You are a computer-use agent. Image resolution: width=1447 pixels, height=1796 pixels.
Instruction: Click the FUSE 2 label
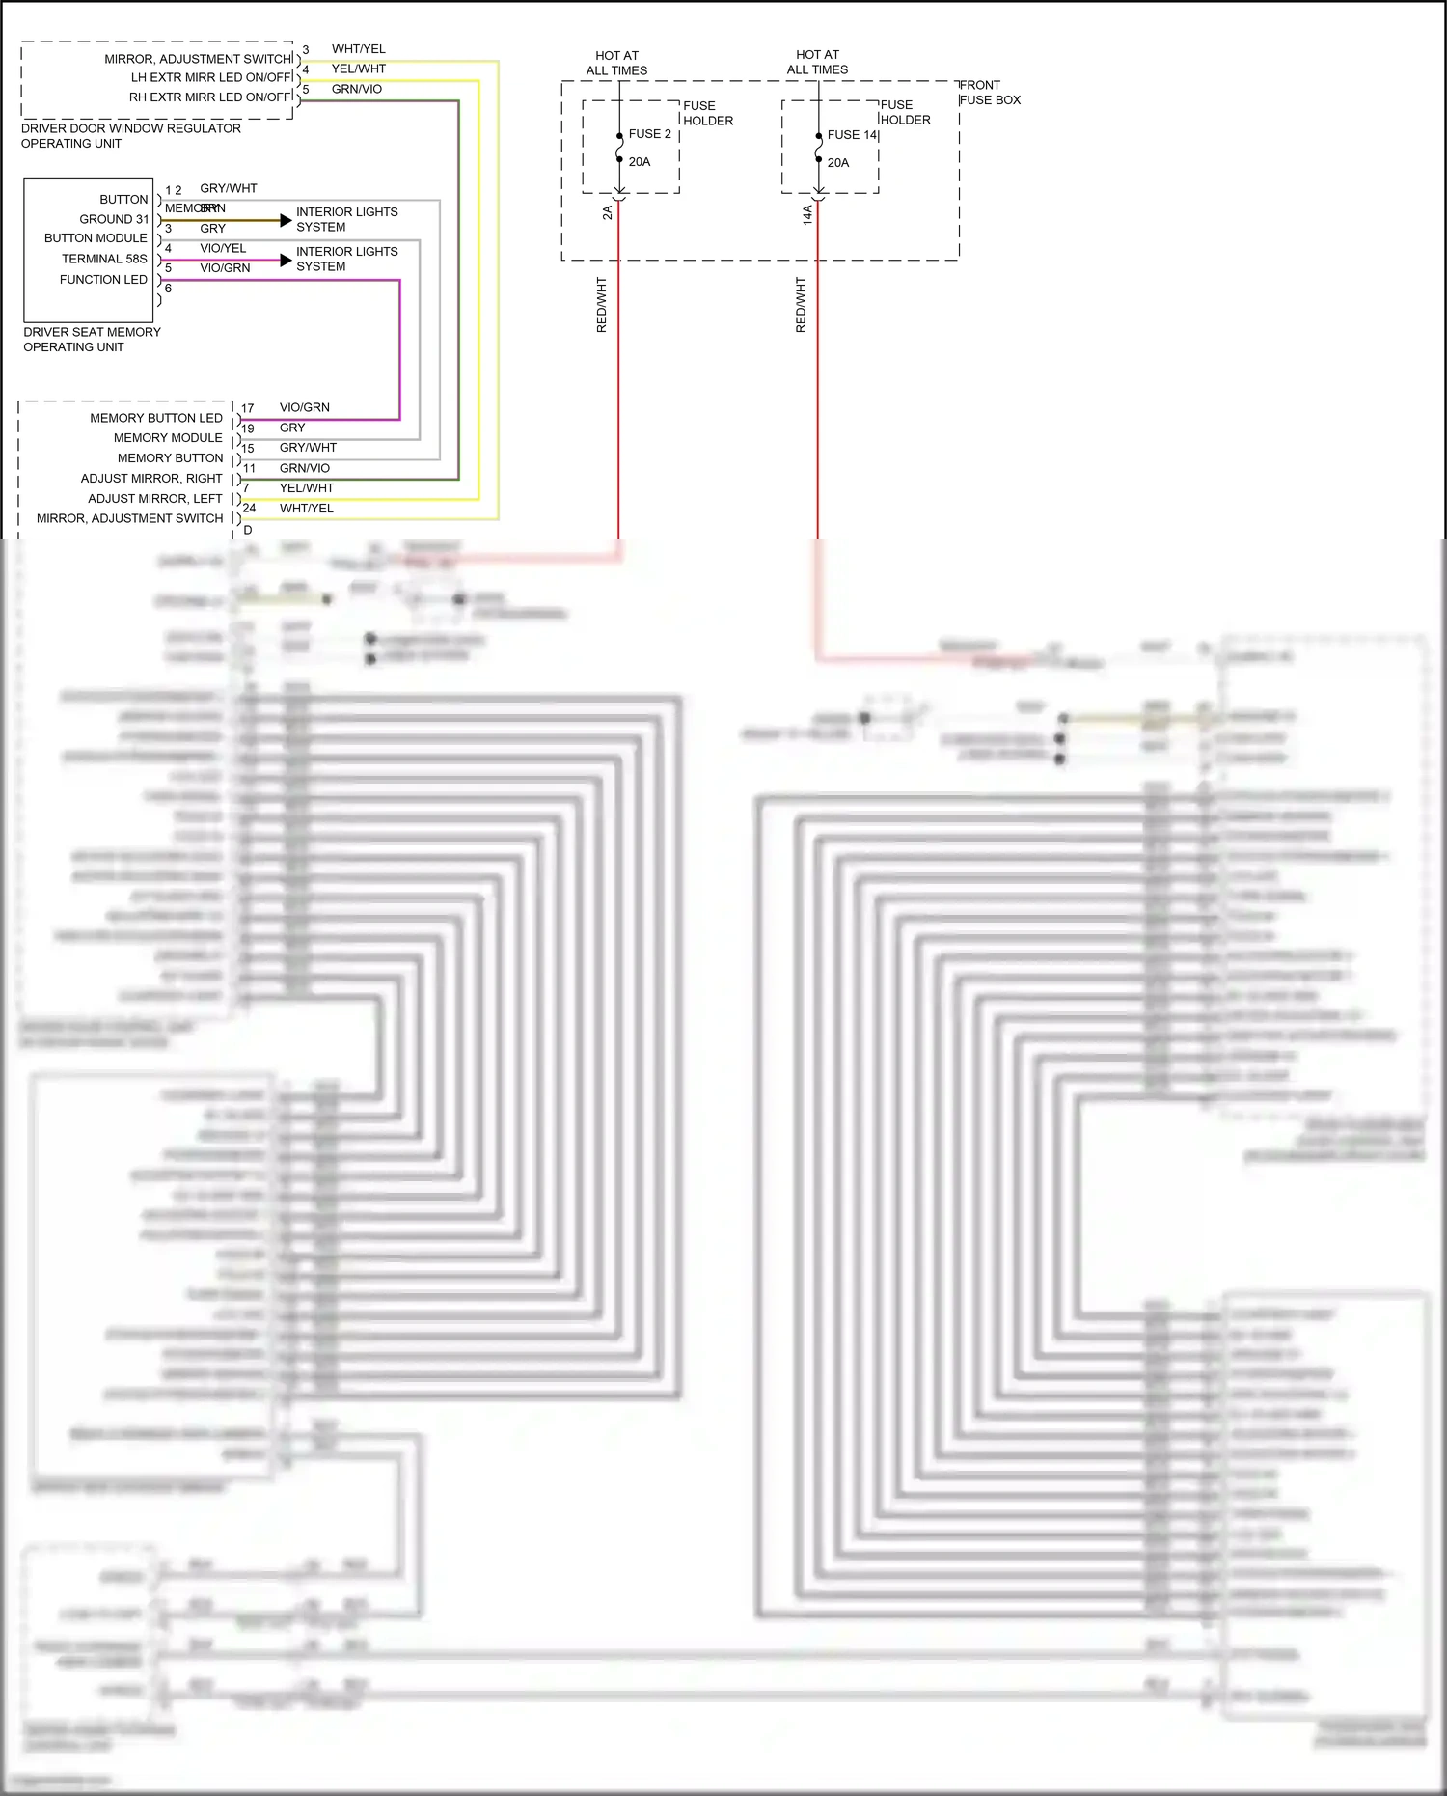coord(649,134)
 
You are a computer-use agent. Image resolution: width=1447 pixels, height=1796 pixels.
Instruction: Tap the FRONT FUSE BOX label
coord(989,93)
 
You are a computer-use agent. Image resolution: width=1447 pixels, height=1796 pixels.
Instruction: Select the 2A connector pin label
coord(607,212)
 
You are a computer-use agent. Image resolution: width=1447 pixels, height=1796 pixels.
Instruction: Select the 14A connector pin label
coord(807,214)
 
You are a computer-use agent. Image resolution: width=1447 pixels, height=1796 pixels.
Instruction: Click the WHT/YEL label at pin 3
coord(358,49)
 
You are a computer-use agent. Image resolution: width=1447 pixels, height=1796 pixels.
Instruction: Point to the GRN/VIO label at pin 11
coord(304,468)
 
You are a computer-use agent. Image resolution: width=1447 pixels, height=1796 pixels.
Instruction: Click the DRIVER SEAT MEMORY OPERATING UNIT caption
coord(92,340)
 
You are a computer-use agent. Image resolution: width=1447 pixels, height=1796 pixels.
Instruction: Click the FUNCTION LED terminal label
coord(103,280)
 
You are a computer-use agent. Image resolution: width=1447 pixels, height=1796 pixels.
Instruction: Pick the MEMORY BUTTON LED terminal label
coord(155,418)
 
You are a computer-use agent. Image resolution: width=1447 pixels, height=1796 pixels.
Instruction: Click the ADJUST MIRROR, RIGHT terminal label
coord(150,479)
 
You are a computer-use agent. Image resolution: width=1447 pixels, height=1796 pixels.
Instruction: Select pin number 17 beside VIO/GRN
coord(247,408)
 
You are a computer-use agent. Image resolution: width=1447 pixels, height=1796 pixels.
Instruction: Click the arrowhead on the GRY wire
coord(286,220)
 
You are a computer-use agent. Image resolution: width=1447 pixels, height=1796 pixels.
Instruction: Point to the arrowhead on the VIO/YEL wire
coord(286,261)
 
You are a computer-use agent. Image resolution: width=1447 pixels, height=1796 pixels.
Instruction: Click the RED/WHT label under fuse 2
coord(602,305)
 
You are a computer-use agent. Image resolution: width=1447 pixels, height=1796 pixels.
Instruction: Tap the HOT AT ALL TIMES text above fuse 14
coord(817,63)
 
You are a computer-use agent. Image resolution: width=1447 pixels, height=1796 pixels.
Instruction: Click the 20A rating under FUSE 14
coord(837,163)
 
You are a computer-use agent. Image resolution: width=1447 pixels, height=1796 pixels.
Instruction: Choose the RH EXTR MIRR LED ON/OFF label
coord(210,97)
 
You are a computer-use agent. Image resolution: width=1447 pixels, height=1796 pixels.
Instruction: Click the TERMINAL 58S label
coord(104,259)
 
